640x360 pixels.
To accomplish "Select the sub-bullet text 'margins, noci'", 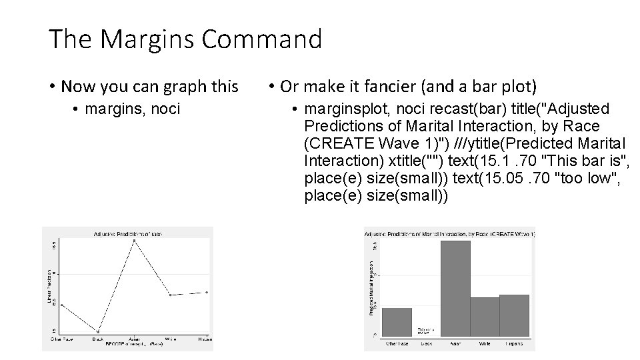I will coord(127,108).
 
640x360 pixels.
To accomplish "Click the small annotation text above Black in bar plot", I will coord(425,330).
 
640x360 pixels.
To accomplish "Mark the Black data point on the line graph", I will coord(99,331).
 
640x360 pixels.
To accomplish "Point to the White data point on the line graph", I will coord(171,295).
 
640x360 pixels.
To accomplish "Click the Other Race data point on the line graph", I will coord(61,305).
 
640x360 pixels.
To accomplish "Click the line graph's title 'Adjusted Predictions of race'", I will coord(127,233).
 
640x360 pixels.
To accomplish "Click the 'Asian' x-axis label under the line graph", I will coord(134,339).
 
